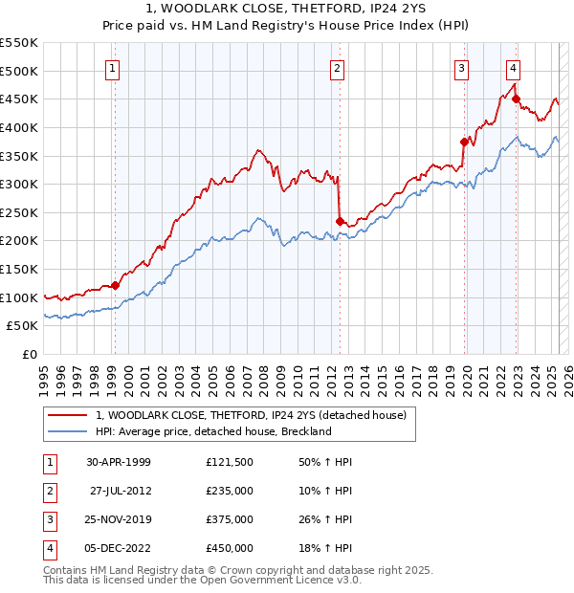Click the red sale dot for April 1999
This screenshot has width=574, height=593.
[x=115, y=285]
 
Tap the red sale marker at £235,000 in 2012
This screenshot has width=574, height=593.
[x=340, y=221]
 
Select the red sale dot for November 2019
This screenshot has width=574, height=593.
[x=464, y=142]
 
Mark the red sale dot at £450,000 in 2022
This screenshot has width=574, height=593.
[x=516, y=99]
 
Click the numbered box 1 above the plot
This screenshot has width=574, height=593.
[x=113, y=68]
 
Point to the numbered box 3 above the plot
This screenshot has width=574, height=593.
[x=461, y=68]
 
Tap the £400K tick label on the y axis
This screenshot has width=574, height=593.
[x=20, y=127]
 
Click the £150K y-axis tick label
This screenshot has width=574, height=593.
[x=20, y=269]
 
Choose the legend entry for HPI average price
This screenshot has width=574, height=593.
[x=212, y=431]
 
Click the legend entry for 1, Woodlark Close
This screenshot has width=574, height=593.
[x=251, y=415]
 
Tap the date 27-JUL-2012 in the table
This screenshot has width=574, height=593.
[x=120, y=491]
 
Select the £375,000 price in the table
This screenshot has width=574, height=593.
[x=230, y=519]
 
